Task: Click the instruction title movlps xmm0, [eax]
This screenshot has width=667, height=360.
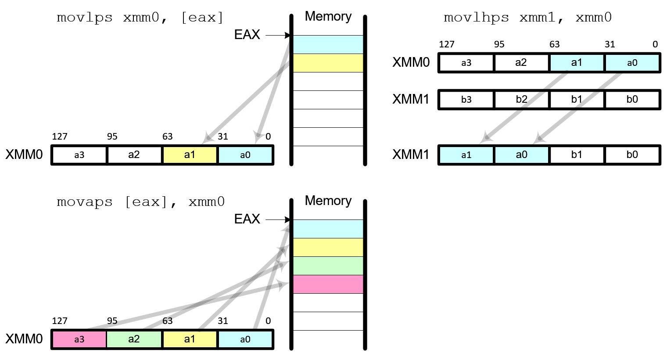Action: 140,18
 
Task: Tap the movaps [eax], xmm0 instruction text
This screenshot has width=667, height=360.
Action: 140,202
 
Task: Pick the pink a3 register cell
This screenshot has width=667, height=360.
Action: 79,339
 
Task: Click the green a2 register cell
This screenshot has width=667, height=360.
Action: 134,339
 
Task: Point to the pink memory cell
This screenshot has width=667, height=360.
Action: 328,284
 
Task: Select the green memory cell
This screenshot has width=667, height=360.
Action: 328,266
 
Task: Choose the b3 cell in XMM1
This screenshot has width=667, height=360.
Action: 466,99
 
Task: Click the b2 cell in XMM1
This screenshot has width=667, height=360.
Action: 521,99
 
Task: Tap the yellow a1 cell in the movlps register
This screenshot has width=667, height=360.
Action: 190,155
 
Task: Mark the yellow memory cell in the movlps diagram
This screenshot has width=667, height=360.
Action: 328,63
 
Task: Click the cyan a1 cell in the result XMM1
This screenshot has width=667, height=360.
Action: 466,155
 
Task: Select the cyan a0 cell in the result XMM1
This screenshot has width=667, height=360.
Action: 521,155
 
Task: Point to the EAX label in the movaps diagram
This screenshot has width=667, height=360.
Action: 247,219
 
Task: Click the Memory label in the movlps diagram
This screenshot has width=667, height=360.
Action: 328,16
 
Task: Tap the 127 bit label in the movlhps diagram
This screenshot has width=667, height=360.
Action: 446,44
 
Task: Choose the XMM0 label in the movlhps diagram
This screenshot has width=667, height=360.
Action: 411,62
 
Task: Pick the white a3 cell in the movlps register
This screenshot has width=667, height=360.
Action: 79,155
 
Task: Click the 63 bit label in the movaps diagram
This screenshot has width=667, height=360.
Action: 167,321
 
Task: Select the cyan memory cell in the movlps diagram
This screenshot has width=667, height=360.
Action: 328,44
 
